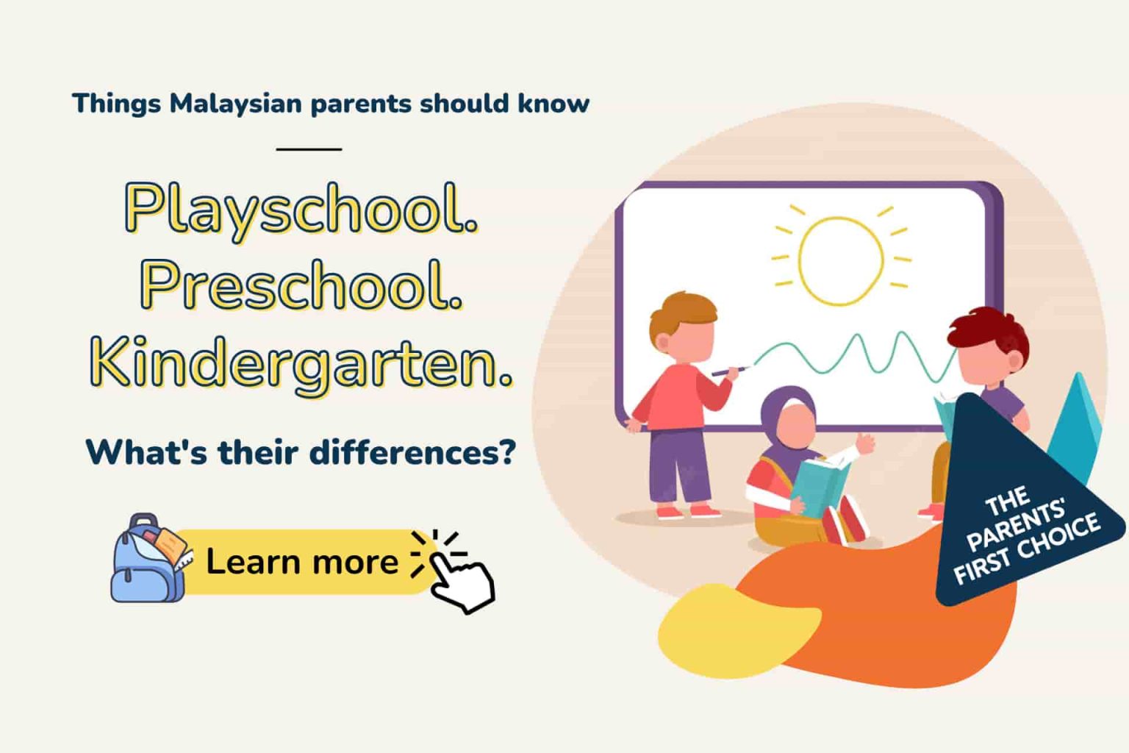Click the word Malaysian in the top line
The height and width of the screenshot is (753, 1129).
(235, 104)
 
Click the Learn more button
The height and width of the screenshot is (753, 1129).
(301, 562)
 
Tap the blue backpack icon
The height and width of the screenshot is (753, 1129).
(147, 560)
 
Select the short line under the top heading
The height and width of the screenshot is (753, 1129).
(309, 149)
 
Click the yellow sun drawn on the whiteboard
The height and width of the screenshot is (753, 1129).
(841, 260)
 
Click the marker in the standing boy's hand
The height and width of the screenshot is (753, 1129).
(728, 371)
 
